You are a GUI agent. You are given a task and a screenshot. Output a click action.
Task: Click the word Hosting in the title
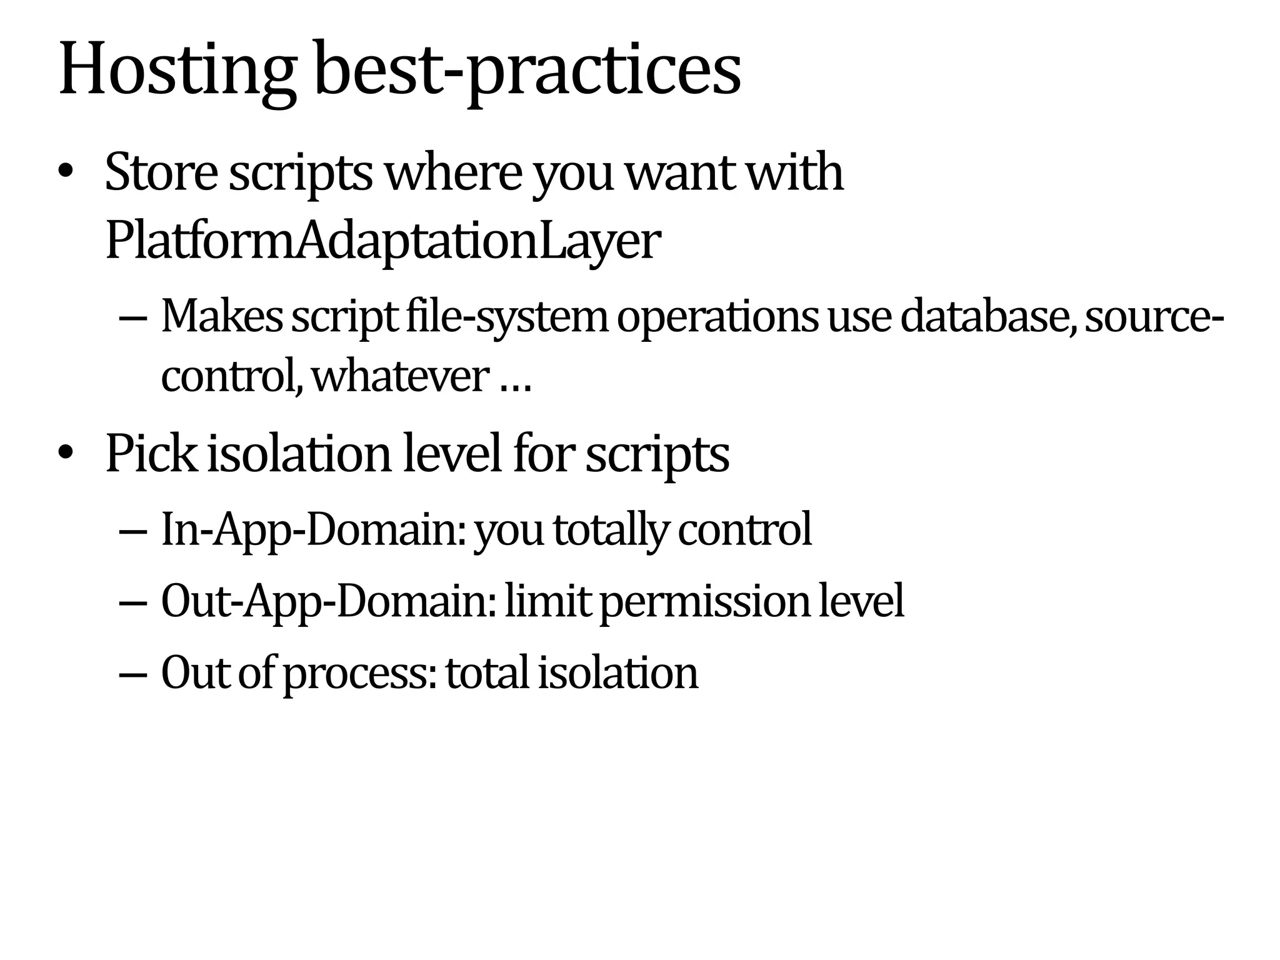177,70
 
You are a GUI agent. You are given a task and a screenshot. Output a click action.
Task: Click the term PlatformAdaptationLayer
382,241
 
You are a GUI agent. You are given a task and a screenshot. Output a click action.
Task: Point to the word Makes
222,316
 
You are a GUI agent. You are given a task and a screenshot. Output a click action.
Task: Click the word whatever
400,376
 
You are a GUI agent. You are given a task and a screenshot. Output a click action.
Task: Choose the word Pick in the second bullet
151,453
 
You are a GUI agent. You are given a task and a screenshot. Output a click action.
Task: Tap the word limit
547,601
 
